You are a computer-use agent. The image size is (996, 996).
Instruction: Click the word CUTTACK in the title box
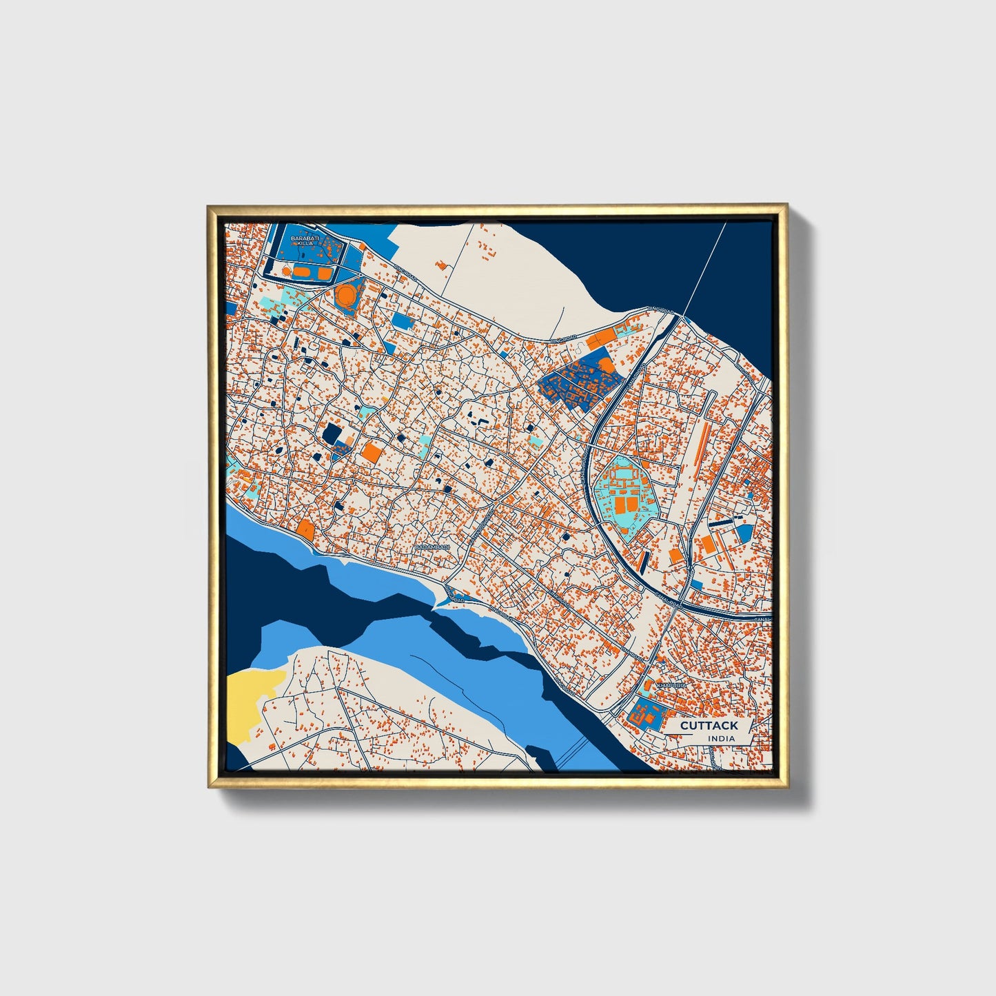click(709, 725)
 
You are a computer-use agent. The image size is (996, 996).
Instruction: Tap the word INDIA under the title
click(721, 738)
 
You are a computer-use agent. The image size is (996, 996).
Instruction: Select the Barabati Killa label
click(303, 241)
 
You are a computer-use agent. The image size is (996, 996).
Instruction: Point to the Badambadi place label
click(432, 547)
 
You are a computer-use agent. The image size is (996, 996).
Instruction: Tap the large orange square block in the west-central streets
click(372, 452)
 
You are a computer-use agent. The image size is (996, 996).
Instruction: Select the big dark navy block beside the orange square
click(332, 434)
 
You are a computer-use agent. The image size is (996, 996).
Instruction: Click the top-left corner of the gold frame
click(209, 206)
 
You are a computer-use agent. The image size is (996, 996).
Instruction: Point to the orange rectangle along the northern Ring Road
click(604, 337)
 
